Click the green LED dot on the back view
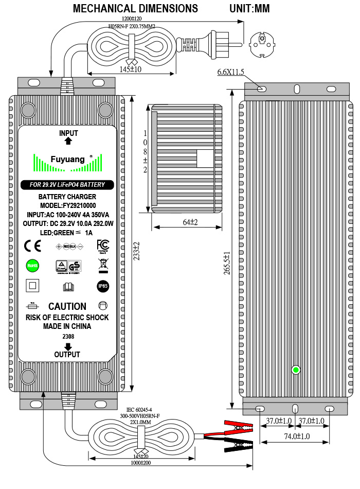tap(296, 370)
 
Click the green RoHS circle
tap(32, 265)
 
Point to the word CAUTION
tap(67, 306)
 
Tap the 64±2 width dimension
tap(186, 221)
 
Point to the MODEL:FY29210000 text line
tap(67, 205)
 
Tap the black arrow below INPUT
tap(68, 141)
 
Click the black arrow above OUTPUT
tap(67, 347)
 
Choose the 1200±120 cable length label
tap(133, 19)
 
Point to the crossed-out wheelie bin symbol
tap(102, 265)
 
